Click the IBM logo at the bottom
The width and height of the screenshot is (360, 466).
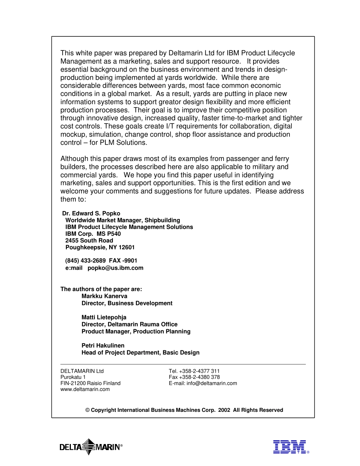coord(290,447)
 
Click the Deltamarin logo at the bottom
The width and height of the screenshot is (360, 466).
coord(91,447)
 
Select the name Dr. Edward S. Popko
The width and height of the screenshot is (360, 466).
coord(91,213)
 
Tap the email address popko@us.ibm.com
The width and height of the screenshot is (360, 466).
coord(116,268)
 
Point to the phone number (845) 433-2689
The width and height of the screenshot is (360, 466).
coord(86,261)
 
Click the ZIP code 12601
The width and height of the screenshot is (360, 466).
coord(127,247)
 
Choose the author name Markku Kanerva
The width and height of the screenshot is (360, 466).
coord(104,296)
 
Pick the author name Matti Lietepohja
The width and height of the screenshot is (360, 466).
coord(104,317)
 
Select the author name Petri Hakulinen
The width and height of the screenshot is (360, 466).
coord(103,346)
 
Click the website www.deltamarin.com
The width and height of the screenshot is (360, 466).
coord(85,389)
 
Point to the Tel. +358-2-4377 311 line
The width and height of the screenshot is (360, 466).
coord(194,371)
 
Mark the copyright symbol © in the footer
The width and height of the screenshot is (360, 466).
coord(87,410)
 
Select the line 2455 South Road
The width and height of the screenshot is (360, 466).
coord(89,241)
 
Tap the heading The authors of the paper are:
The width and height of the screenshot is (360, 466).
coord(101,289)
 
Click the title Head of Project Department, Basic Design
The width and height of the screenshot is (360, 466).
coord(140,352)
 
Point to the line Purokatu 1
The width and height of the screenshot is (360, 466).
coord(73,377)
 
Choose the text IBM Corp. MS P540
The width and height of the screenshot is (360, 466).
coord(93,234)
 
